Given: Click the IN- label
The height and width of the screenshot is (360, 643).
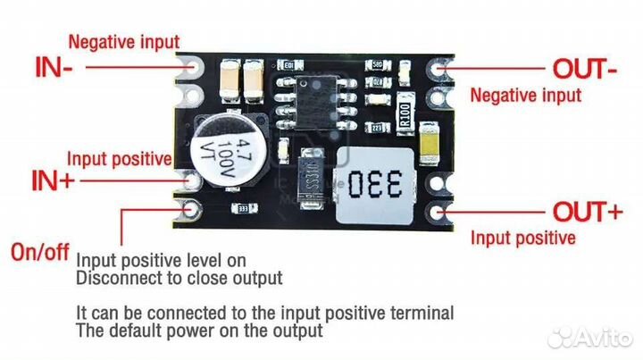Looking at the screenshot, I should point(54,67).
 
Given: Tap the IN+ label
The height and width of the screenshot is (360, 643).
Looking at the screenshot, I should point(54,181).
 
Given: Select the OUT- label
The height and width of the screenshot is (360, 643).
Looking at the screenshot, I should point(584,68).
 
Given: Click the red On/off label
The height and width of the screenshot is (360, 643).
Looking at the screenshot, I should point(39,251).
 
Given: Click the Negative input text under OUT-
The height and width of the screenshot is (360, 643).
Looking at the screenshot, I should point(525,95).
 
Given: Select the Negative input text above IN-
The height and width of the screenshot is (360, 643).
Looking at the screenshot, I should point(123,41).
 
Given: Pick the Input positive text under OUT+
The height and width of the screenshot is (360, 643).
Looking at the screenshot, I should point(522,238).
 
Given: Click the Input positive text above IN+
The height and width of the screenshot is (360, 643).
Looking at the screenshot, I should point(120,159).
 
